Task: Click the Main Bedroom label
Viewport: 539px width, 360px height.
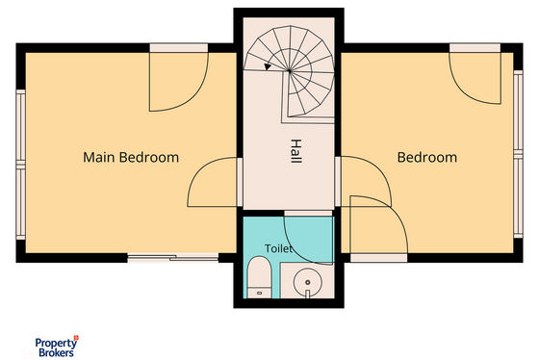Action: [131, 158]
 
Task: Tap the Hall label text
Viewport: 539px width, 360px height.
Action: [296, 151]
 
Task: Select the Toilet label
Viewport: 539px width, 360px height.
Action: [278, 248]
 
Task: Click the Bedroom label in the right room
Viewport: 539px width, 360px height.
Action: [427, 158]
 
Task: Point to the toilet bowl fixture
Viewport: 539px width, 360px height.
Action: [259, 277]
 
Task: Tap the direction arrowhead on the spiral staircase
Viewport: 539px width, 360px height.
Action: [268, 66]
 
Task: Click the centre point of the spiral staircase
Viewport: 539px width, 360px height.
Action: [289, 71]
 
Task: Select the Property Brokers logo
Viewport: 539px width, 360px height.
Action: [57, 347]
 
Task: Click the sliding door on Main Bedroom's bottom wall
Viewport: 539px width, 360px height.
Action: [173, 258]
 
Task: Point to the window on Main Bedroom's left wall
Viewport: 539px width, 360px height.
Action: [20, 165]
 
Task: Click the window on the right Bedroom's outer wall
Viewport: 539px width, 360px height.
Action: [518, 154]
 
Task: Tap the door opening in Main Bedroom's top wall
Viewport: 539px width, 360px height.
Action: [179, 48]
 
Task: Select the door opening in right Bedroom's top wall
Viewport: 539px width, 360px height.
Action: [475, 48]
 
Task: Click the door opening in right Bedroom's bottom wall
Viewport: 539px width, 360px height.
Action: [379, 258]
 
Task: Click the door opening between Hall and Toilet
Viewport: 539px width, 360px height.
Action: [308, 213]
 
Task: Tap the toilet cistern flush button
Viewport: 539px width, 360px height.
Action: [259, 294]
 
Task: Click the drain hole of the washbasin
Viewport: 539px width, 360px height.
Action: [308, 282]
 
